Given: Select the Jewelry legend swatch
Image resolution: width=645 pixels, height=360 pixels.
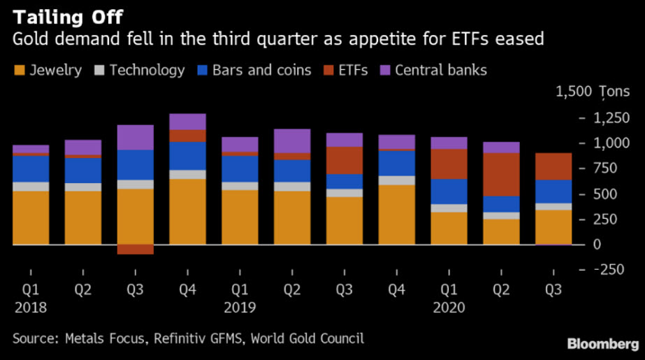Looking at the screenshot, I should (19, 70).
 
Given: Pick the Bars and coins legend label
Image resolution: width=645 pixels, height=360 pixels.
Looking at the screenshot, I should (261, 70).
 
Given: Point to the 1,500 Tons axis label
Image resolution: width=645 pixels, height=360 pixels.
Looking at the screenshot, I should (583, 92).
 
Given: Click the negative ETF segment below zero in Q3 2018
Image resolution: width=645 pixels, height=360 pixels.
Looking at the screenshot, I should (136, 250).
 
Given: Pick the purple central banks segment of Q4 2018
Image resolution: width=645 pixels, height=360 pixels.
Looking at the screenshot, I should (188, 122).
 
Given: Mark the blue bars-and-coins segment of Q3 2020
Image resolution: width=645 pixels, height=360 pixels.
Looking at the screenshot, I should (553, 192).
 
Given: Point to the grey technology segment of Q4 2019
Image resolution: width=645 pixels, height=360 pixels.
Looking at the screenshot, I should (397, 180).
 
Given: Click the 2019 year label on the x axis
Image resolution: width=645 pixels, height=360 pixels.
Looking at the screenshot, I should (240, 308).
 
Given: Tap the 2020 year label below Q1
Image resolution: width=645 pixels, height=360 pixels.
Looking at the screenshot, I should (449, 308).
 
